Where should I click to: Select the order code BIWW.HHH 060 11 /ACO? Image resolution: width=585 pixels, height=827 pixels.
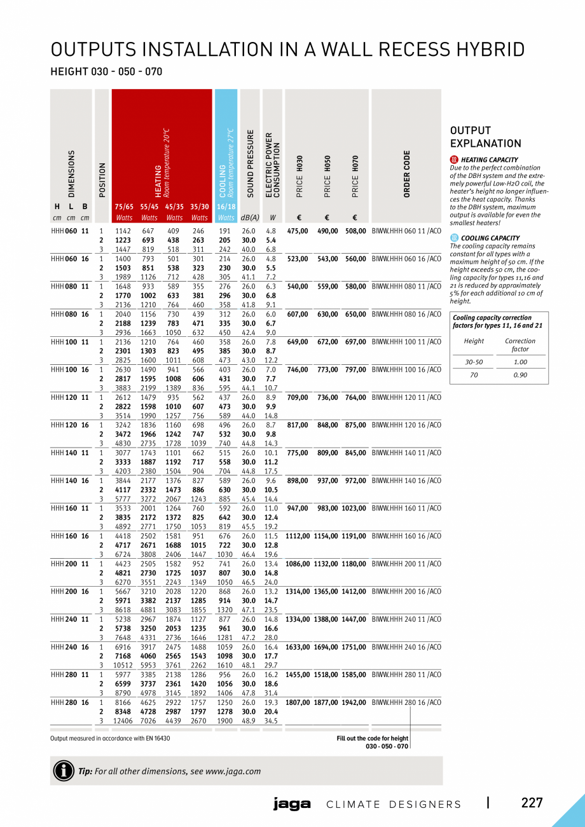click(406, 231)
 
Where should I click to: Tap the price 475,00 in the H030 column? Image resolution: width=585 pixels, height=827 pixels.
click(298, 231)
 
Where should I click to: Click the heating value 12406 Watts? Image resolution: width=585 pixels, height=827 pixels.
click(123, 721)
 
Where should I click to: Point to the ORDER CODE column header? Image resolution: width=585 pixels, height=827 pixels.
click(407, 173)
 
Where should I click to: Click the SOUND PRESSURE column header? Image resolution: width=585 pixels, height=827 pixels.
click(251, 163)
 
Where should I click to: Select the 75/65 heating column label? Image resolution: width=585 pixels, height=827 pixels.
click(124, 207)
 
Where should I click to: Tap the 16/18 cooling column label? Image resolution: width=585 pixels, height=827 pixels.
click(226, 207)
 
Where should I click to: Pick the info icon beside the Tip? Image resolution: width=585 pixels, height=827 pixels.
click(64, 770)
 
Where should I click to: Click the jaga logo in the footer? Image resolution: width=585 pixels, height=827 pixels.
click(292, 804)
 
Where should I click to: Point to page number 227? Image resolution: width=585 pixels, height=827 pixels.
click(532, 803)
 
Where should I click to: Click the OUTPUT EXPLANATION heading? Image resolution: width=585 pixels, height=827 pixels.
click(485, 137)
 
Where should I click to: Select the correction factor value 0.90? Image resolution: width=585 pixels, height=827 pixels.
click(520, 375)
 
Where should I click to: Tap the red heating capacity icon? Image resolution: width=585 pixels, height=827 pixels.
click(454, 160)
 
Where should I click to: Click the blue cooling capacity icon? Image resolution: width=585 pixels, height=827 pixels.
click(454, 238)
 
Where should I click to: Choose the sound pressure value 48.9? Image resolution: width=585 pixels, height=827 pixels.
click(248, 721)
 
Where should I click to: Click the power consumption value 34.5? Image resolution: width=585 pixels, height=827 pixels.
click(272, 721)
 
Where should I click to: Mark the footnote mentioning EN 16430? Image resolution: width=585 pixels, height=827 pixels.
click(110, 738)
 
